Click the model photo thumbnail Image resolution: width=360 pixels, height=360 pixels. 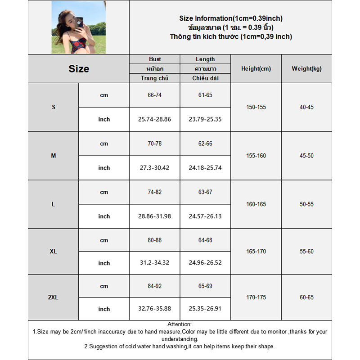(x=78, y=27)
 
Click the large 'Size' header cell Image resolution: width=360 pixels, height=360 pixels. (x=79, y=69)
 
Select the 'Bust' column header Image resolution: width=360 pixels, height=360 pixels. (x=155, y=59)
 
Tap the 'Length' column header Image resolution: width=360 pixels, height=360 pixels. (x=205, y=59)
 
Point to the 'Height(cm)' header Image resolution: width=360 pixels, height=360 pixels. (x=256, y=69)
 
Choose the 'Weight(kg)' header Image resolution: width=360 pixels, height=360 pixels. (x=306, y=69)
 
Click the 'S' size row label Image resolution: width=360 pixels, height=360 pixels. (x=54, y=107)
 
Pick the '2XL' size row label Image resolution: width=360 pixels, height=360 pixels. (x=54, y=297)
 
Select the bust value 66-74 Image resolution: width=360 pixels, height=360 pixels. (x=155, y=95)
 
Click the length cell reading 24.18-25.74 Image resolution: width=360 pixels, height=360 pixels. (x=205, y=168)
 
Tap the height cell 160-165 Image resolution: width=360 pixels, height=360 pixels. (x=256, y=204)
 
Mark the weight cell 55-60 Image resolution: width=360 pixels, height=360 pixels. (x=306, y=252)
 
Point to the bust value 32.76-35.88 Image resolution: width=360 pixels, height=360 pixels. (x=155, y=309)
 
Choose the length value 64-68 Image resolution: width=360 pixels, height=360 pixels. (x=205, y=240)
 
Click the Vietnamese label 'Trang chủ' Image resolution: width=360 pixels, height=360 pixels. (x=155, y=78)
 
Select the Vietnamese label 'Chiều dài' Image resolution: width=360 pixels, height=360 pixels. (x=205, y=78)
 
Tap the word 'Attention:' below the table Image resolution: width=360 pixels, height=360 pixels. (x=180, y=324)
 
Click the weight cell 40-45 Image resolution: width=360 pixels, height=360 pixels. (x=306, y=107)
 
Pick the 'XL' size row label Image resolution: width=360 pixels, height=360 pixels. (x=54, y=252)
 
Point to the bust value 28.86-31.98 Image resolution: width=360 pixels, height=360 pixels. (x=155, y=216)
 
